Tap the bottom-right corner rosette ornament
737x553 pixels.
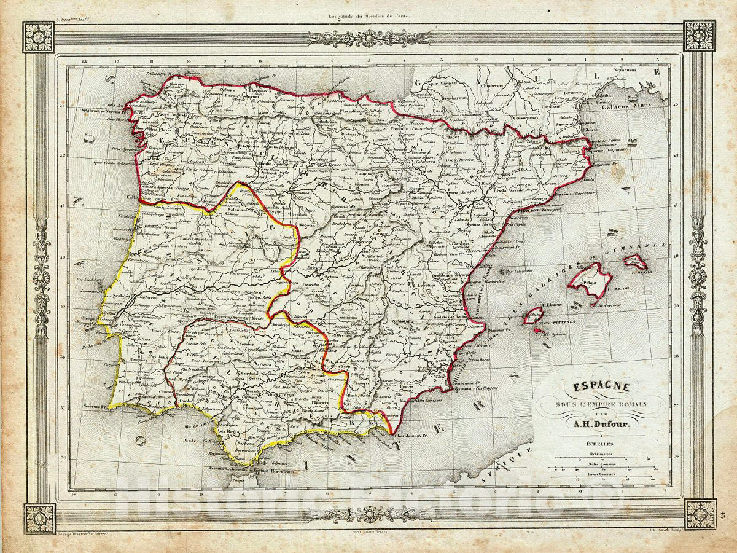pyautogui.click(x=700, y=514)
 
